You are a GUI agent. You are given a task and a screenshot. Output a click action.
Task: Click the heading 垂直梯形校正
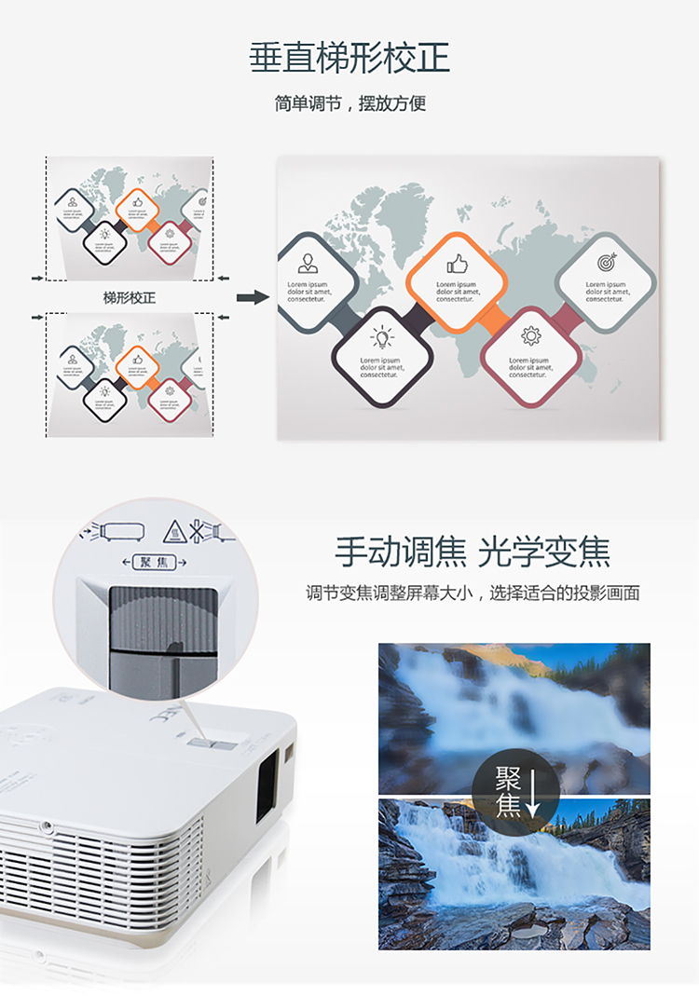click(x=349, y=58)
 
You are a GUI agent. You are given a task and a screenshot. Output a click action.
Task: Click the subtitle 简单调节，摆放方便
click(x=349, y=103)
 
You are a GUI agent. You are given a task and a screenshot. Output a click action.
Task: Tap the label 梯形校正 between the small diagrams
click(x=130, y=298)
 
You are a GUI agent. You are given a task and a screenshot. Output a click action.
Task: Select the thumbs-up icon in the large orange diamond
click(x=457, y=263)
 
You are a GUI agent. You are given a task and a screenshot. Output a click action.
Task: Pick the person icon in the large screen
click(x=308, y=263)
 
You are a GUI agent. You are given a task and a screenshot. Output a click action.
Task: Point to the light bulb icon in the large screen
click(x=382, y=337)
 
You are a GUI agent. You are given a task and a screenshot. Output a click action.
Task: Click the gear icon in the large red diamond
click(x=531, y=336)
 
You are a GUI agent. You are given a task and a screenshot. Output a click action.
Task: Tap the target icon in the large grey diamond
click(x=607, y=263)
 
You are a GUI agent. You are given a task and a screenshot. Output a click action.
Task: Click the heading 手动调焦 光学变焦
click(x=473, y=553)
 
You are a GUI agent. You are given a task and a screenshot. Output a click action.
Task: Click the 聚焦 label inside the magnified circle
click(x=154, y=562)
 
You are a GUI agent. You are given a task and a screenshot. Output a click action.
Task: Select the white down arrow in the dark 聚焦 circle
click(x=533, y=793)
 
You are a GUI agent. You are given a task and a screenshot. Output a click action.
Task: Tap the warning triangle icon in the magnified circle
click(x=175, y=532)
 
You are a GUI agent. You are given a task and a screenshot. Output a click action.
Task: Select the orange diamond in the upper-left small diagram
click(x=137, y=202)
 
